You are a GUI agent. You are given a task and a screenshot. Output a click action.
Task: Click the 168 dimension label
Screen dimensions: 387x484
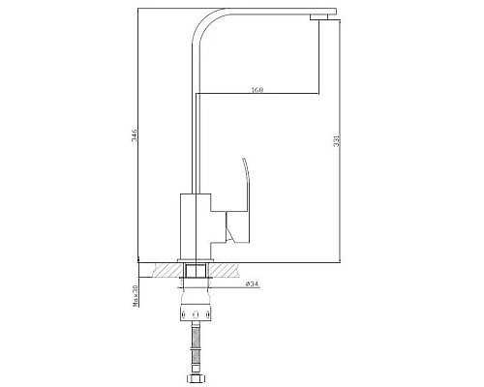click(257, 89)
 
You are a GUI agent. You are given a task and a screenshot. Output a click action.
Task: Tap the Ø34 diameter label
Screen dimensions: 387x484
click(251, 283)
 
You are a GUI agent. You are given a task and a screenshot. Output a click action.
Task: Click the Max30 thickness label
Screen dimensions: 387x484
click(136, 295)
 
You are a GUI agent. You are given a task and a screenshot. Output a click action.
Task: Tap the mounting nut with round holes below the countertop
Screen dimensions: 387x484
click(197, 315)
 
